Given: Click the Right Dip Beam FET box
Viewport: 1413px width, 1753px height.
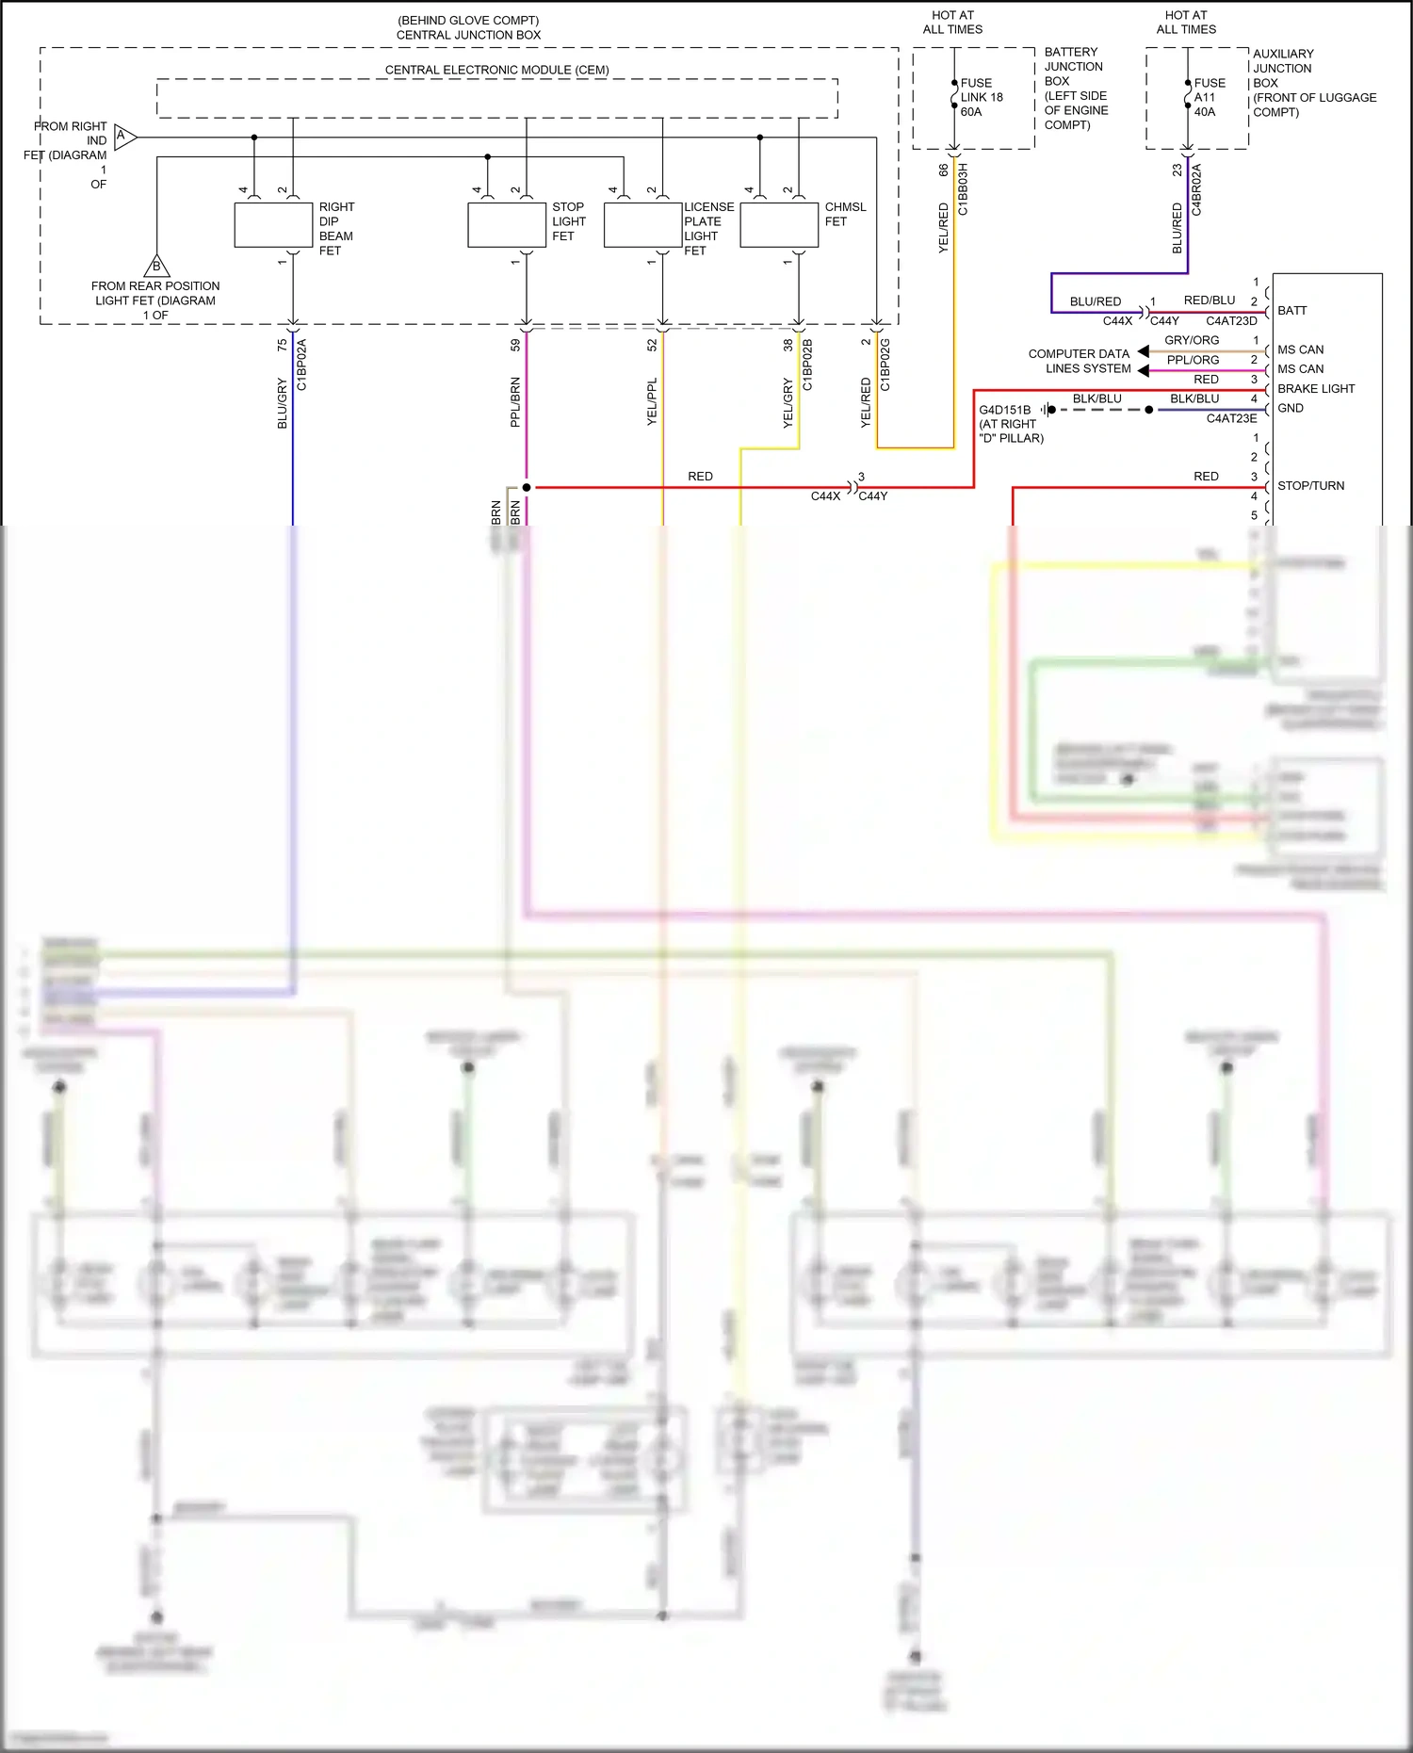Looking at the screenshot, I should click(x=273, y=225).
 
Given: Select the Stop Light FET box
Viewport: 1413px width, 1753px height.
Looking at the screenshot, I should click(x=507, y=225).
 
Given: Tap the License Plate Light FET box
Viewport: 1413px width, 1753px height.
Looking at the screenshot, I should click(x=642, y=225).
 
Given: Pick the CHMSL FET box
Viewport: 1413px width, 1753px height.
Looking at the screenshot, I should click(x=779, y=225).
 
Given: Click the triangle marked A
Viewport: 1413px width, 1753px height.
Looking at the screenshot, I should click(x=124, y=138).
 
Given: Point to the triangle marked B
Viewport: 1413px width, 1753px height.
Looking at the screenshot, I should click(x=156, y=266).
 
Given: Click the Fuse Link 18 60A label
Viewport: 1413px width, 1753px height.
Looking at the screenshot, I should click(x=982, y=97).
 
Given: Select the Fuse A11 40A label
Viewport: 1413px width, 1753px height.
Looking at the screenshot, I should click(x=1210, y=97).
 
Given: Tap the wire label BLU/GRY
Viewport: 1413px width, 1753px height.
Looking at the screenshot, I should click(x=282, y=403).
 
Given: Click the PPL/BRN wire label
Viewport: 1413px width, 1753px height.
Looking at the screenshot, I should click(x=515, y=402).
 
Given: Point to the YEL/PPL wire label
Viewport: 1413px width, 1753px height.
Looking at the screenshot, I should click(x=652, y=402).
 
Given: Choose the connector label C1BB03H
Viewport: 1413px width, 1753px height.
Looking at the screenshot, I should click(x=963, y=189).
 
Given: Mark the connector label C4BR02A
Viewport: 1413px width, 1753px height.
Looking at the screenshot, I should click(x=1196, y=189).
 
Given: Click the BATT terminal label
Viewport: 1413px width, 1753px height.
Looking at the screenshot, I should click(x=1291, y=311).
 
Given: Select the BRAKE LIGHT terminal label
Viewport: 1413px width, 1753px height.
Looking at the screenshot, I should click(x=1315, y=389).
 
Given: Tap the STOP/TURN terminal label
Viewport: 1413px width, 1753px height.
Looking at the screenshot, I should click(x=1310, y=486).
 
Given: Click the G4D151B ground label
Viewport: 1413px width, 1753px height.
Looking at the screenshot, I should click(x=1005, y=410).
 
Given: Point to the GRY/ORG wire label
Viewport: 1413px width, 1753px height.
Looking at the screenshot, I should click(x=1192, y=340).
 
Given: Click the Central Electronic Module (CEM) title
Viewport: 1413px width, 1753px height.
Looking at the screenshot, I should click(x=496, y=70).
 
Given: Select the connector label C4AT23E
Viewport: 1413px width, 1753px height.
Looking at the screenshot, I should click(x=1231, y=418).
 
